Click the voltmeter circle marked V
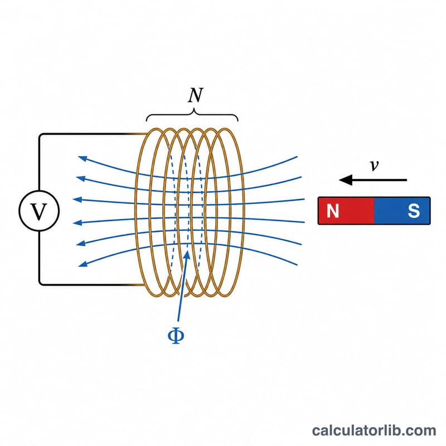39,211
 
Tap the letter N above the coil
196,95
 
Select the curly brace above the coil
192,115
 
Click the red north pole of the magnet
346,211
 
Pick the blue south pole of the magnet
402,211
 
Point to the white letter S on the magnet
414,211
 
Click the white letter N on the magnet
333,211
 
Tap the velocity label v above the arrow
374,165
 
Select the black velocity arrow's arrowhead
346,180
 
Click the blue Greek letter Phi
176,336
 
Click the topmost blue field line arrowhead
83,158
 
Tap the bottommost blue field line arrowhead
83,264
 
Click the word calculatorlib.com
374,430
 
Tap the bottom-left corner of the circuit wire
40,283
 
